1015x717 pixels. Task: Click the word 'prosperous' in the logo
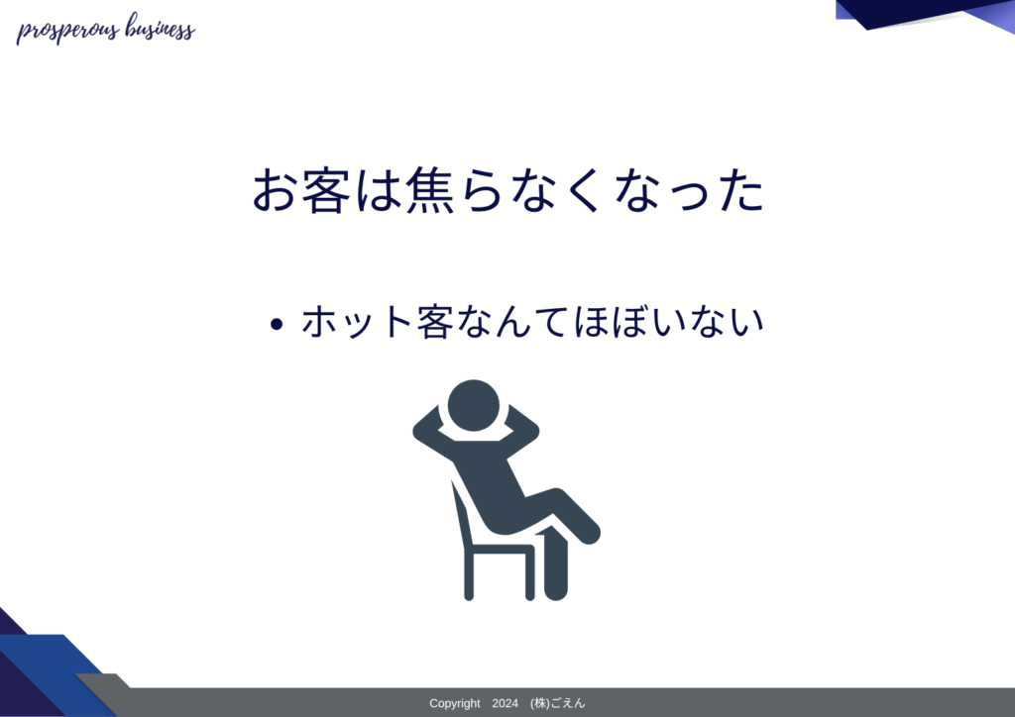coord(68,31)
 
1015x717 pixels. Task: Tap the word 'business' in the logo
coord(160,28)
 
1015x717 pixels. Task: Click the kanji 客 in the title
coord(326,190)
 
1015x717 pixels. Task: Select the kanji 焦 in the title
coord(430,190)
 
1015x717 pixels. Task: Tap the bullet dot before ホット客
coord(277,324)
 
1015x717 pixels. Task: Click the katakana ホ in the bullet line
coord(320,321)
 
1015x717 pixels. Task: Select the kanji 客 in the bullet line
coord(434,321)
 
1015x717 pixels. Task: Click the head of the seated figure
coord(473,405)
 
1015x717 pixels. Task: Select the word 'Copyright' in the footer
coord(454,703)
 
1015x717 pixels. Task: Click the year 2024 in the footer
coord(505,703)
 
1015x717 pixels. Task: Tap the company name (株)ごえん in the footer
coord(557,703)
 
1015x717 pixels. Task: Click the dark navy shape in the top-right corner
coord(906,13)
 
